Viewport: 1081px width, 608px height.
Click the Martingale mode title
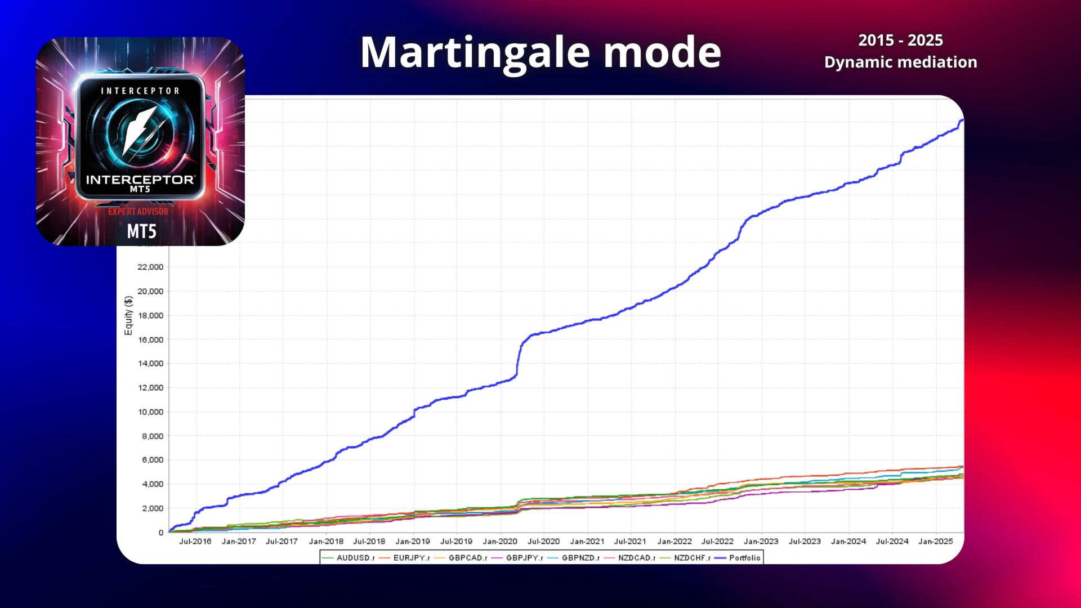click(x=540, y=52)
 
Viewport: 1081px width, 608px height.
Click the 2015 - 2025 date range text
click(x=900, y=41)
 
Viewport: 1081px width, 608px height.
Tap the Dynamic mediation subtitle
click(x=900, y=62)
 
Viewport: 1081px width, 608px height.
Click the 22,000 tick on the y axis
click(x=150, y=267)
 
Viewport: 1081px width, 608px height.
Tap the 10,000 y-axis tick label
click(x=150, y=412)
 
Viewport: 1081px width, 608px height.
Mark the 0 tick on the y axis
click(x=161, y=533)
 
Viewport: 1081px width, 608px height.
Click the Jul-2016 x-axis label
click(x=195, y=542)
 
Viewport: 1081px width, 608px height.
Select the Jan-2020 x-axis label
click(x=499, y=542)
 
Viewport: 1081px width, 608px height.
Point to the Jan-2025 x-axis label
click(x=935, y=542)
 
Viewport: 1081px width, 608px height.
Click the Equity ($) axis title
click(x=128, y=315)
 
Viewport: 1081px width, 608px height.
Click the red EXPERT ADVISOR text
click(x=139, y=212)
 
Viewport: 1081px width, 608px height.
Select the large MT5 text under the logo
click(x=141, y=231)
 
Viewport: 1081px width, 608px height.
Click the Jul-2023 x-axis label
click(x=805, y=542)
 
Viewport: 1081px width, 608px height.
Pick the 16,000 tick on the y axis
click(x=150, y=339)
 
